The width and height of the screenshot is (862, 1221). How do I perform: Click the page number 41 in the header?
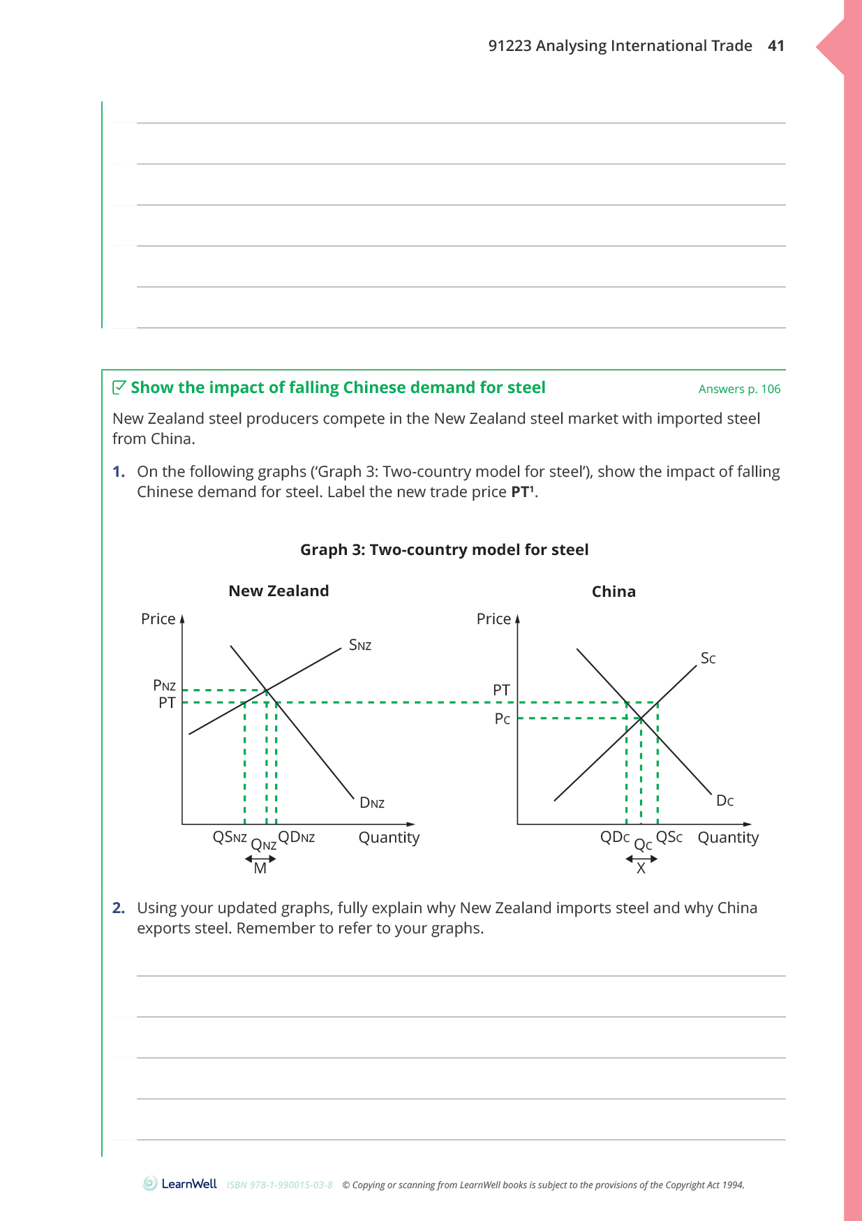coord(775,46)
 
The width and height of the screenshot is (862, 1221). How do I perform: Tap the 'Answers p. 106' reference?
coord(739,390)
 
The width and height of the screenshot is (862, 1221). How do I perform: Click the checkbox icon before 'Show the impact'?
coord(119,387)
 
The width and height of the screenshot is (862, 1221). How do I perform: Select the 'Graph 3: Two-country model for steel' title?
coord(444,550)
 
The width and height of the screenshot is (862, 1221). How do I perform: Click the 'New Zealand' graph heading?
coord(278,591)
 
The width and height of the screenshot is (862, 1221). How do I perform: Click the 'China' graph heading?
coord(614,592)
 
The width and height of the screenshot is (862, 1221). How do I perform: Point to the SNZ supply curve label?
coord(360,645)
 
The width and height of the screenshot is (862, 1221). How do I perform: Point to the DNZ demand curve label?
coord(372,803)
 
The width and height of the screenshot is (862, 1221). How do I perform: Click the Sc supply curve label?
coord(708,658)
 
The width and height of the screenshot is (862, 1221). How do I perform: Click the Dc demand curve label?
coord(724,801)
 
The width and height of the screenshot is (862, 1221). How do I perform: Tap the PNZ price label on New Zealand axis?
coord(164,686)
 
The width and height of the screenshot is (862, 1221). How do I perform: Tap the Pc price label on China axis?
coord(503,719)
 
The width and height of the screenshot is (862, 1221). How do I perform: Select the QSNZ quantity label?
coord(230,837)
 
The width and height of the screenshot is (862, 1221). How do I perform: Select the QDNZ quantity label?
coord(297,837)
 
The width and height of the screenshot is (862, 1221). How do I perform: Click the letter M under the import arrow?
coord(260,869)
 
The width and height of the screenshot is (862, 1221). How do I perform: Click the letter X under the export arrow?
coord(641,869)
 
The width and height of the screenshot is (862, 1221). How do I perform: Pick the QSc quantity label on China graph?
coord(669,837)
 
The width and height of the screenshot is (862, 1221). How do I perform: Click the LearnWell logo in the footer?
coord(180,1184)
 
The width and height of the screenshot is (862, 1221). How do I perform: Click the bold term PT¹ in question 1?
coord(523,492)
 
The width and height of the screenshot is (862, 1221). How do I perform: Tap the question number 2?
coord(119,908)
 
